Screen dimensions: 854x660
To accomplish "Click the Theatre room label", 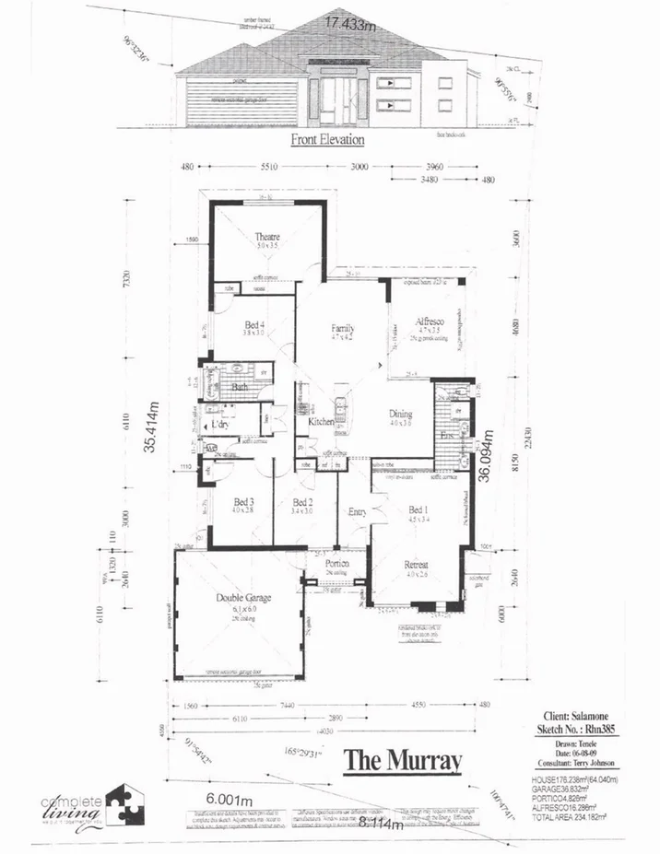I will pos(266,237).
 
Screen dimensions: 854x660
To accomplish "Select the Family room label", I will pos(344,328).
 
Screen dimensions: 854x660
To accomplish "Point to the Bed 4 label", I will pos(255,324).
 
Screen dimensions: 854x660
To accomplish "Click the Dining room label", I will pos(399,414).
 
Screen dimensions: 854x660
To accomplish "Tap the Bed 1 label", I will pos(418,509).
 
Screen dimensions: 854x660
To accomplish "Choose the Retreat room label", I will pos(418,565).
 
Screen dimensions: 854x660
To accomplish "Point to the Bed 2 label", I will pos(302,502).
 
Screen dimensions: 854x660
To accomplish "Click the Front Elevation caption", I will pos(327,140).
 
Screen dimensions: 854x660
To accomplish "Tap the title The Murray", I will pos(402,760).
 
